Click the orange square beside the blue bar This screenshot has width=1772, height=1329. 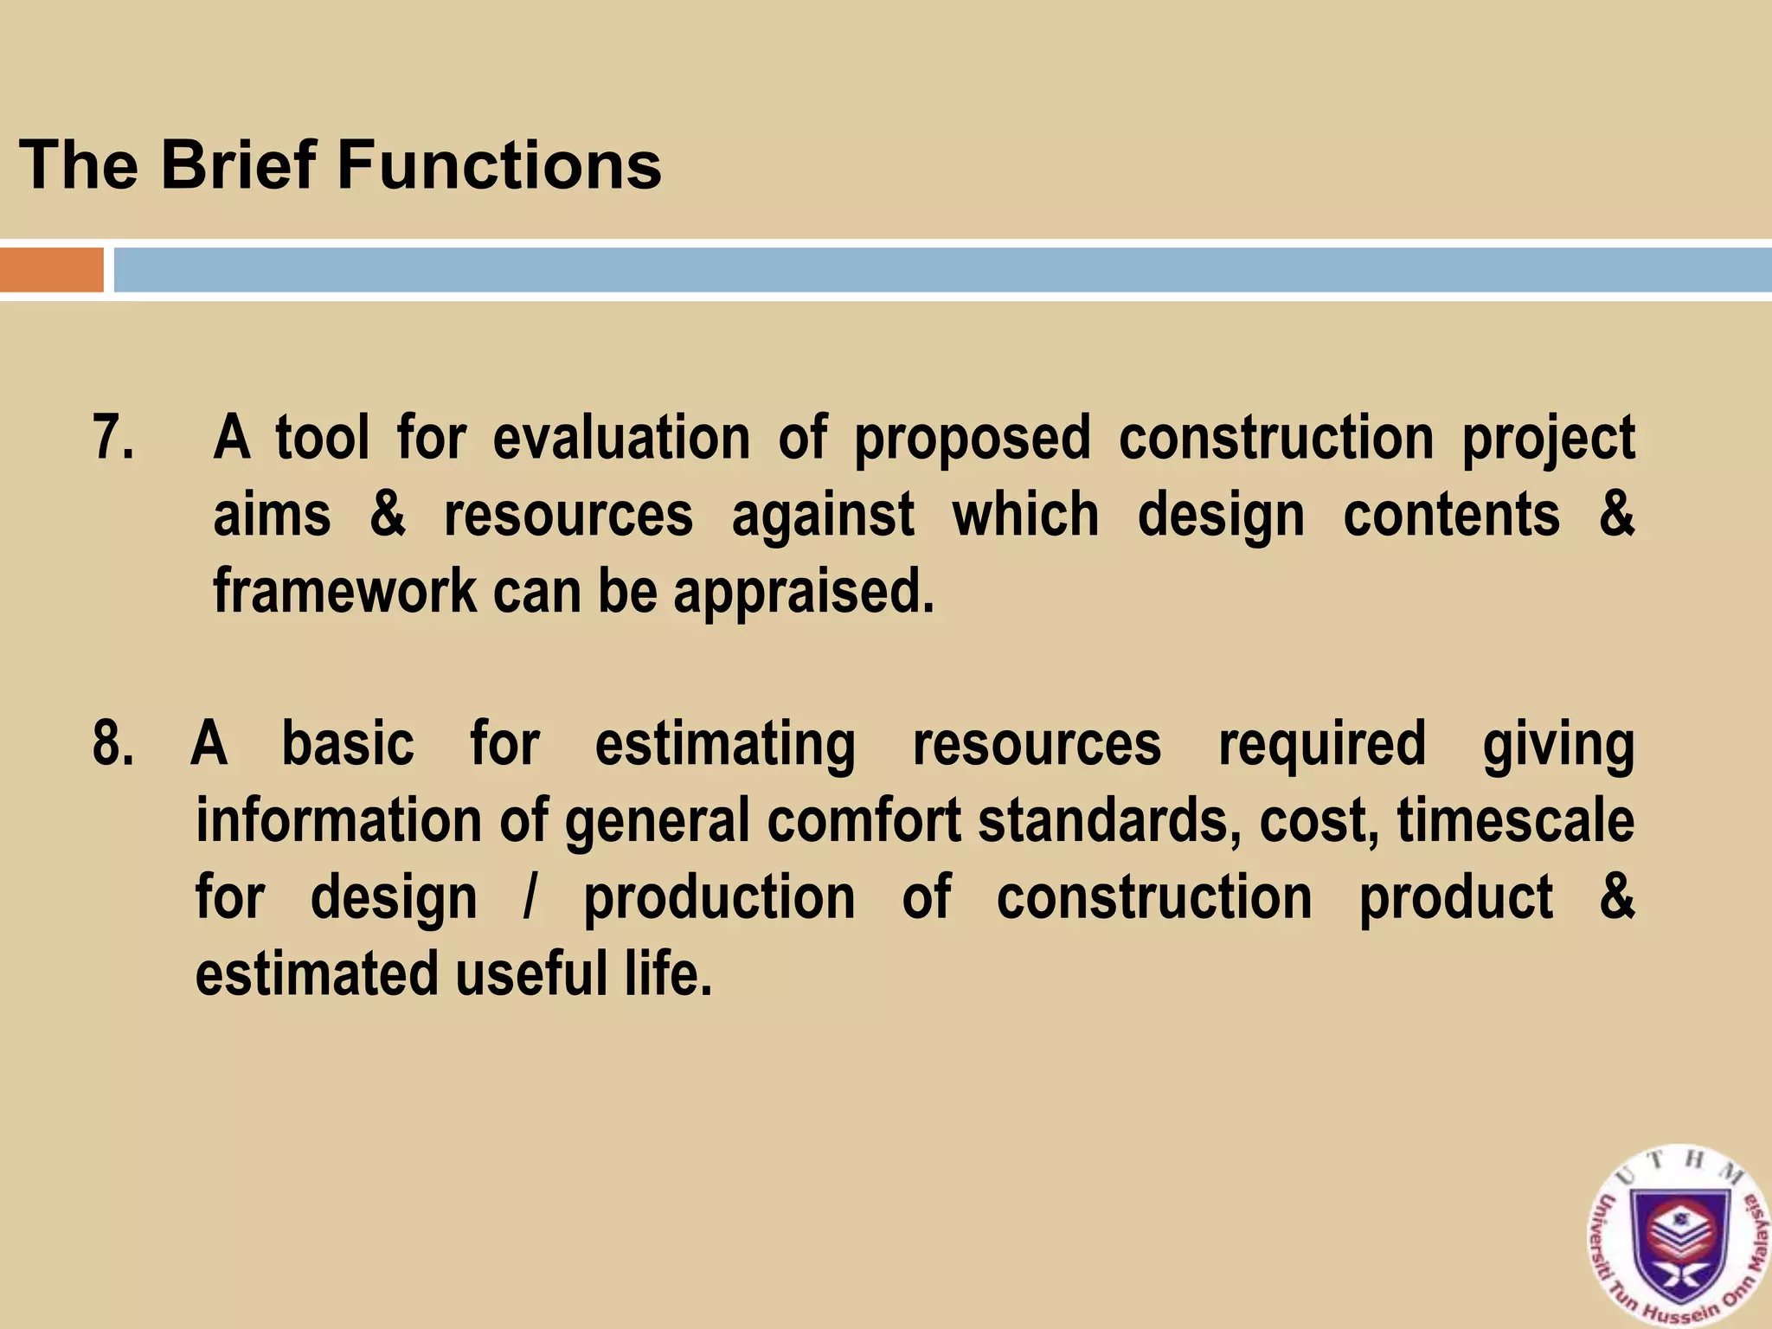click(x=51, y=270)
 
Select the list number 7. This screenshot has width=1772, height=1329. click(x=112, y=437)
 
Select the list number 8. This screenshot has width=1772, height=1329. click(x=112, y=743)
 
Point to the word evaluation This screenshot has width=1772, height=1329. click(x=621, y=437)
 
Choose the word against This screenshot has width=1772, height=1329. click(x=822, y=517)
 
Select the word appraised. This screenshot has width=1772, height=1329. click(x=804, y=594)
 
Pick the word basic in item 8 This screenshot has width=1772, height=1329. click(x=348, y=743)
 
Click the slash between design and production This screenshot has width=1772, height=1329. click(x=530, y=897)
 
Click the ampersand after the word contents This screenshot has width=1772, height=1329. click(x=1615, y=515)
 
